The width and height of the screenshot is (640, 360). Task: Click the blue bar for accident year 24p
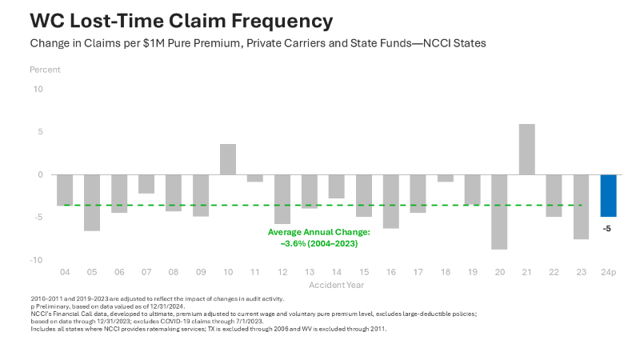(609, 195)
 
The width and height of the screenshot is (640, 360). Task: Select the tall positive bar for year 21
(527, 150)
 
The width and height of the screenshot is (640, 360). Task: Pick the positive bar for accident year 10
(228, 159)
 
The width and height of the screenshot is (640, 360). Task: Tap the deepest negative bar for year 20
(500, 212)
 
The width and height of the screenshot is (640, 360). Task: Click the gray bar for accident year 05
(92, 202)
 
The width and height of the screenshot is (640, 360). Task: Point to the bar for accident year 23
(582, 206)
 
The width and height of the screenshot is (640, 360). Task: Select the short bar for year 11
(255, 178)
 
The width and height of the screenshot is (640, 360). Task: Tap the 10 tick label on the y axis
(38, 89)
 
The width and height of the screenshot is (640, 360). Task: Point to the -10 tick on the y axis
(36, 260)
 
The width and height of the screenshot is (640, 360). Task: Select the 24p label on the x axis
(609, 273)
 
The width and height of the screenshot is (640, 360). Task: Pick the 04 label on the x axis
(65, 273)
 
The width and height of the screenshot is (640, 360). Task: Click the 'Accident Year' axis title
(337, 285)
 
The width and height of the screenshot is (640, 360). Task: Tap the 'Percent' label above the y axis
(45, 70)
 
